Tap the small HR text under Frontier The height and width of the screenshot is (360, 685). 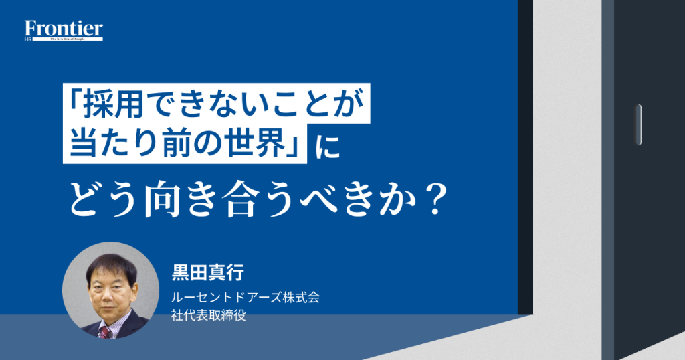28,39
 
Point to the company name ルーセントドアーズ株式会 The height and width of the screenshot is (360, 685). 246,298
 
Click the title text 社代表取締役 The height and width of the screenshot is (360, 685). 209,315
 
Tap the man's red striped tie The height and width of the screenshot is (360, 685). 105,332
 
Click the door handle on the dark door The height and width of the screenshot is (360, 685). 638,124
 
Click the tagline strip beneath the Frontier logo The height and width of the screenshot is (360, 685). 68,39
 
